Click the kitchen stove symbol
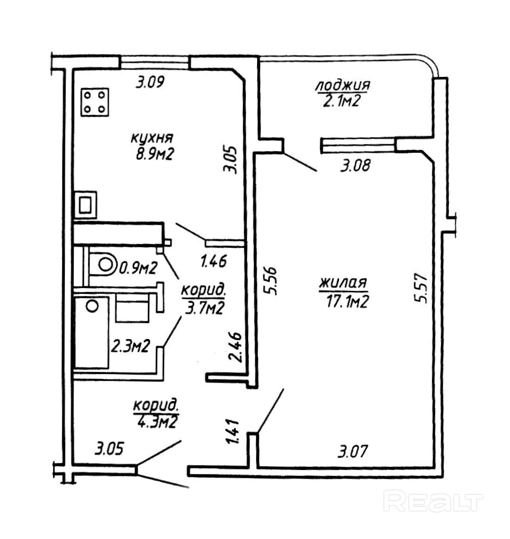[96, 102]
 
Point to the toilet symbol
[104, 264]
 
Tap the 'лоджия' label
[342, 85]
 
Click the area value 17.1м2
[348, 301]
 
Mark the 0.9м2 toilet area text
[138, 268]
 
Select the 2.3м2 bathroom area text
[129, 347]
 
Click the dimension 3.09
[151, 83]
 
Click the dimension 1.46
[214, 261]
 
